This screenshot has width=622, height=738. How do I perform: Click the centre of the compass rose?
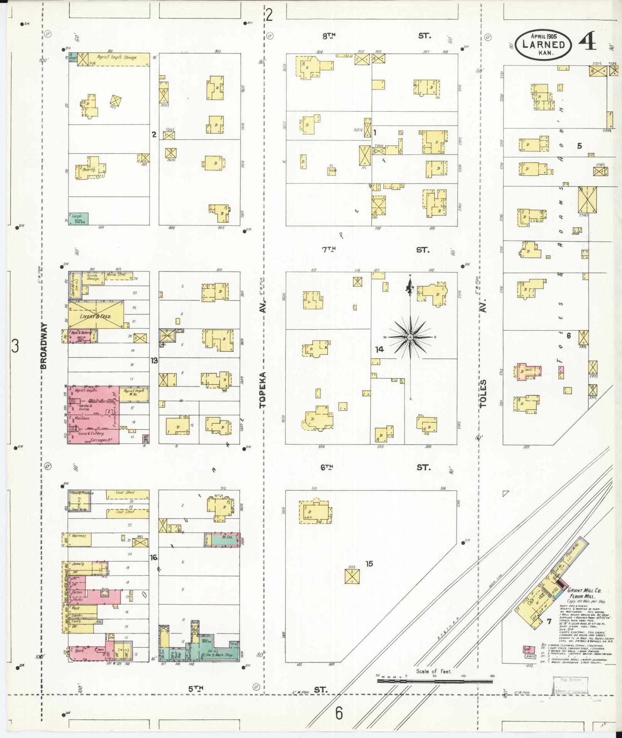[x=410, y=337]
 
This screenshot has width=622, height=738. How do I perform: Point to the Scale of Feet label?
[x=434, y=671]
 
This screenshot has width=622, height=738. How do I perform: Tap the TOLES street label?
[x=484, y=393]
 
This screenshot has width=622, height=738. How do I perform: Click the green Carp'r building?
[x=78, y=218]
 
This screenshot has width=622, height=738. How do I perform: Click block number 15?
[x=369, y=564]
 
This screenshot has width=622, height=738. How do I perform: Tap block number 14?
[x=379, y=349]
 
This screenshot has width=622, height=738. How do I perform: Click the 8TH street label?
[x=329, y=36]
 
